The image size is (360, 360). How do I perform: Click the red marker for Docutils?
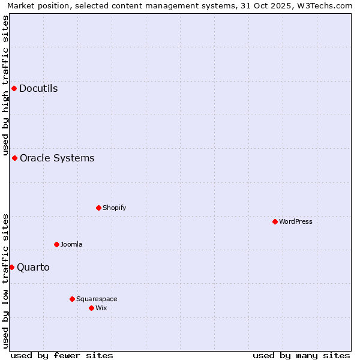14,89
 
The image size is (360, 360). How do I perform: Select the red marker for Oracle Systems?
14,158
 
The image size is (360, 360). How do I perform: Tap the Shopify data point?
98,208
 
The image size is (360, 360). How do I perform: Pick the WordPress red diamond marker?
275,222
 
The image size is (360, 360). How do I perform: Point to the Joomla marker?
56,245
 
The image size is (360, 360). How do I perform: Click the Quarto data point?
11,268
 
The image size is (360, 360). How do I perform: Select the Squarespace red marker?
72,299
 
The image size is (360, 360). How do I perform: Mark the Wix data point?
91,308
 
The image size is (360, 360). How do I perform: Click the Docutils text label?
38,89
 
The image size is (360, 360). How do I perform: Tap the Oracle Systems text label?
57,158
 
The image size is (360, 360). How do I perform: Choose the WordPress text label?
296,222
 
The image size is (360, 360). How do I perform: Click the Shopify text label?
114,208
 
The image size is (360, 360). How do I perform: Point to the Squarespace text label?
97,299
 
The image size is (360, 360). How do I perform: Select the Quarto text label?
33,268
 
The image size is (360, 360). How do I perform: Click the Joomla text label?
71,245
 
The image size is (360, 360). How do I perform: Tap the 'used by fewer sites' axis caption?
62,355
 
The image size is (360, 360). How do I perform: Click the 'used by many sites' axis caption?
301,355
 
